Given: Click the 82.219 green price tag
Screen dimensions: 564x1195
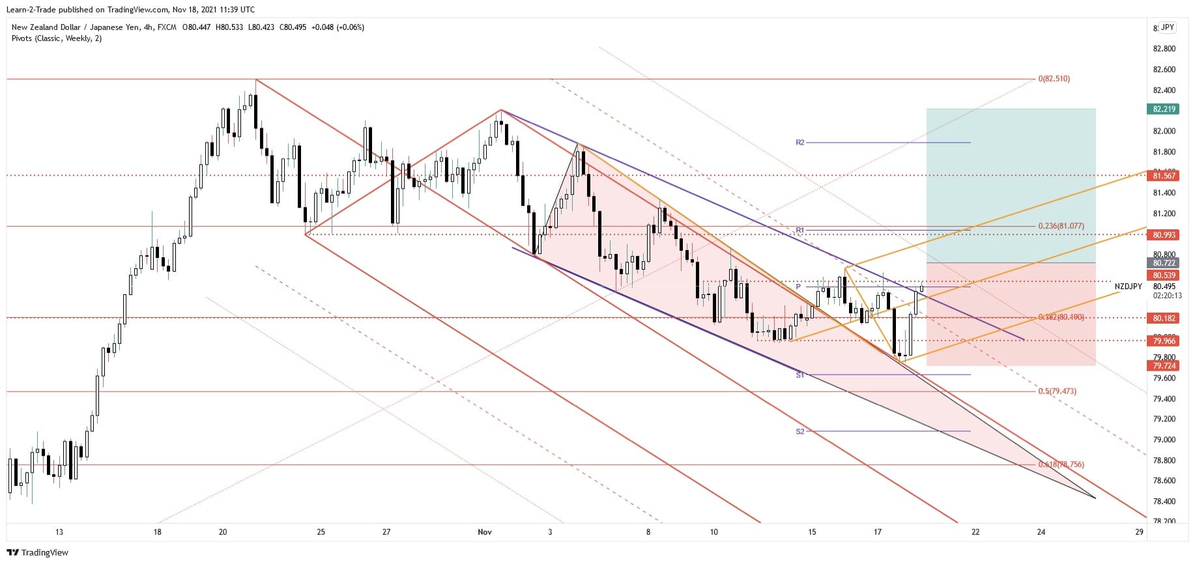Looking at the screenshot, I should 1164,109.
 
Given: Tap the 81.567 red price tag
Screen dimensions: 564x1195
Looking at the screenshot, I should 1164,176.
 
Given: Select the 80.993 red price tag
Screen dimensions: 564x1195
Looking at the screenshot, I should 1164,234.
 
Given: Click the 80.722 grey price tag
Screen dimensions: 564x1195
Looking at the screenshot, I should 1164,263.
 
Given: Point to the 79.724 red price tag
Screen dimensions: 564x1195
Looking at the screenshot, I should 1164,366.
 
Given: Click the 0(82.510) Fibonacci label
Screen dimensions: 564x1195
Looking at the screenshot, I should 1054,79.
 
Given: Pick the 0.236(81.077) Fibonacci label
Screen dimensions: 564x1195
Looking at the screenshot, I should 1061,226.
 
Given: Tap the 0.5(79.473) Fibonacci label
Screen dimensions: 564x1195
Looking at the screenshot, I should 1057,391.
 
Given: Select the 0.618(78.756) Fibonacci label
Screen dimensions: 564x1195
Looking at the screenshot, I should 1061,464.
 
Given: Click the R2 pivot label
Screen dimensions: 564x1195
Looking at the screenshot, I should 800,142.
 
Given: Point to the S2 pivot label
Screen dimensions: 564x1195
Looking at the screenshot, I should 800,431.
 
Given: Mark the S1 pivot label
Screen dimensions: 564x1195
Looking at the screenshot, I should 800,375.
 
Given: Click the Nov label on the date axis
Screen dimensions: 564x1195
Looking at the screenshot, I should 484,532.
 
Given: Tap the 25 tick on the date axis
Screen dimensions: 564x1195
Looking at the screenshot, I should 321,532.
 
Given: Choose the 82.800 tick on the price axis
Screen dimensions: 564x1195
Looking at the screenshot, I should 1164,49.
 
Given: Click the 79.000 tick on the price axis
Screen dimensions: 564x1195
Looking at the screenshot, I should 1164,440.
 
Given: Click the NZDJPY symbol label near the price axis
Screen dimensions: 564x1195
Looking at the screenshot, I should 1128,287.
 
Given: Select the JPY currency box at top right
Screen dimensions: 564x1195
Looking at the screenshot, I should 1167,27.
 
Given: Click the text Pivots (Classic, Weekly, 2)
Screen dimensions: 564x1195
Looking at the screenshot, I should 57,38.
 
